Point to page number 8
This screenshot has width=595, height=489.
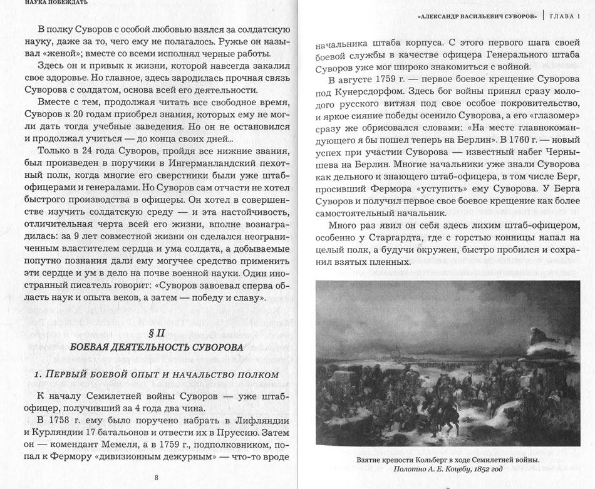[x=156, y=477]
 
